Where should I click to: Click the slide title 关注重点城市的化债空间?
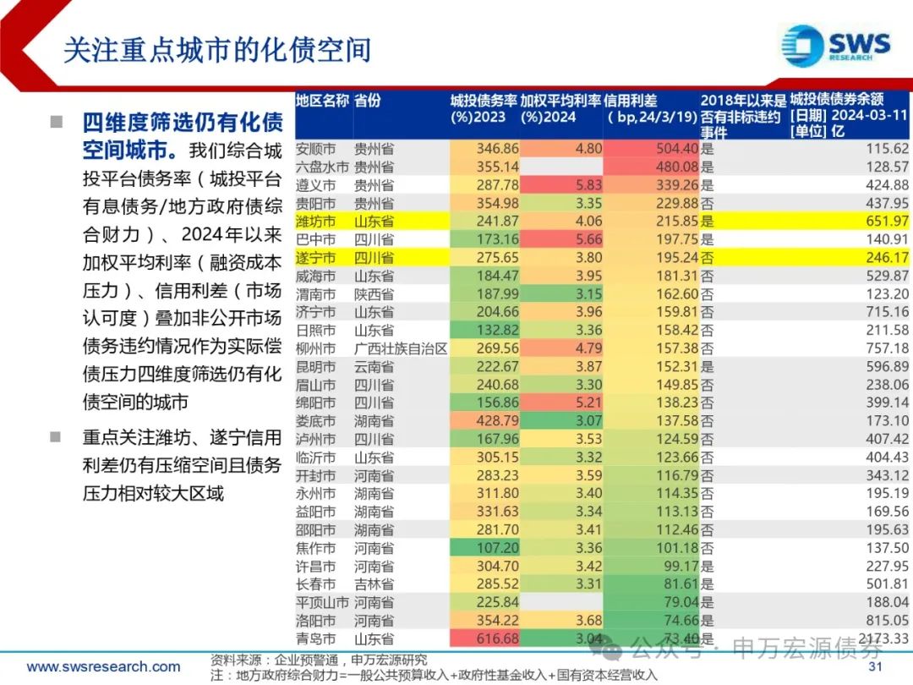coord(217,50)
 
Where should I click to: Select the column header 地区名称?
coord(322,101)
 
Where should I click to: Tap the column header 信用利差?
coord(631,101)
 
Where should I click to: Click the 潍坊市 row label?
coord(315,222)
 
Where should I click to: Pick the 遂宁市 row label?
coord(315,258)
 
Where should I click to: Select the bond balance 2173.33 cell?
coord(879,639)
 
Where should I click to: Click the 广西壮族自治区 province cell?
coord(400,348)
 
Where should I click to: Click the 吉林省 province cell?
coord(374,584)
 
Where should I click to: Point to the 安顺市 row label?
coord(315,149)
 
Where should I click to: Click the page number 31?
coord(876,667)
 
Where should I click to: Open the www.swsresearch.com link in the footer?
coord(103,667)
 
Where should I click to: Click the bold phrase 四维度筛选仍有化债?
coord(183,123)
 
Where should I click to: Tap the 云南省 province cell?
coord(374,367)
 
